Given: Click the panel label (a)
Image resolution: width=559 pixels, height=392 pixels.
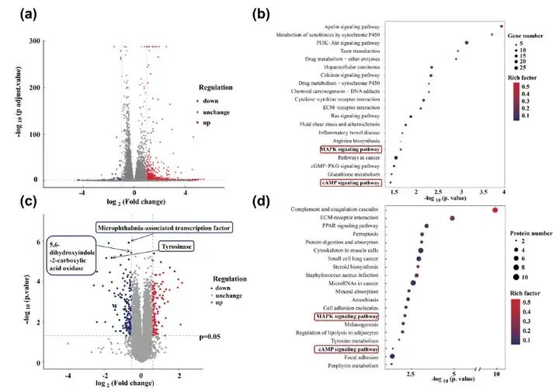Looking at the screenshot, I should point(17,14).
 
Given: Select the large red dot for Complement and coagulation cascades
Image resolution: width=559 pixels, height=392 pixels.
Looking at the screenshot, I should point(495,209).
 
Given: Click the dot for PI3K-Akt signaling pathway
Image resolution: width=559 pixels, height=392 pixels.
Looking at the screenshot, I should point(467,43).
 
